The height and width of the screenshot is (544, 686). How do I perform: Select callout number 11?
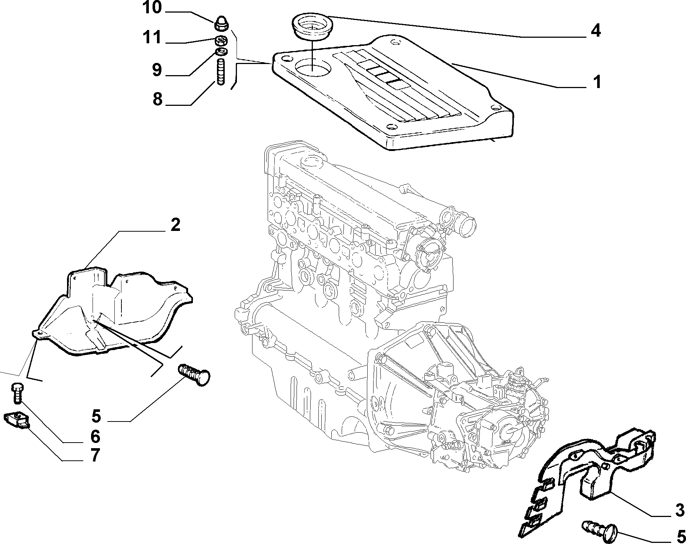[x=152, y=37]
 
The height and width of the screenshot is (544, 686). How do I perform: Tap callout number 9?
[x=157, y=70]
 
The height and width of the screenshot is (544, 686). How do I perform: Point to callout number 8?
[x=157, y=99]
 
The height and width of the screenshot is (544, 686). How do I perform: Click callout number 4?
[x=595, y=31]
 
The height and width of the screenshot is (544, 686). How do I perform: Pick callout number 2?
[x=175, y=225]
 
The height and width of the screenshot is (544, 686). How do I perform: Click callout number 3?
[x=679, y=510]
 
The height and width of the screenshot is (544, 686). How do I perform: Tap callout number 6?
[x=95, y=437]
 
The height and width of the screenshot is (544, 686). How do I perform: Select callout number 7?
[x=95, y=455]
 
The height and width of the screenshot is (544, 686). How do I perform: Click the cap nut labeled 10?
[x=221, y=24]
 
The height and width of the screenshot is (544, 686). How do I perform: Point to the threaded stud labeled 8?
[x=221, y=73]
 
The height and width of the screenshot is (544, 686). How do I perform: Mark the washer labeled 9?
[x=221, y=51]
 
